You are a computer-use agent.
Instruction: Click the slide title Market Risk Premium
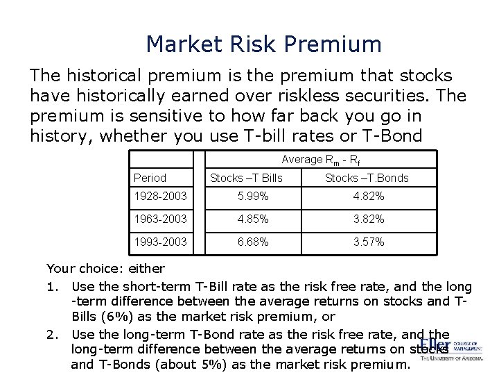tap(263, 44)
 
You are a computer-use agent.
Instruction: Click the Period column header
tap(150, 178)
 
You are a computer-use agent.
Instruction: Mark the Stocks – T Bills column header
tap(246, 178)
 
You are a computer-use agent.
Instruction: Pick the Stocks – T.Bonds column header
tap(367, 178)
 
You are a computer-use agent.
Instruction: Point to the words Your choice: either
tap(105, 268)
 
